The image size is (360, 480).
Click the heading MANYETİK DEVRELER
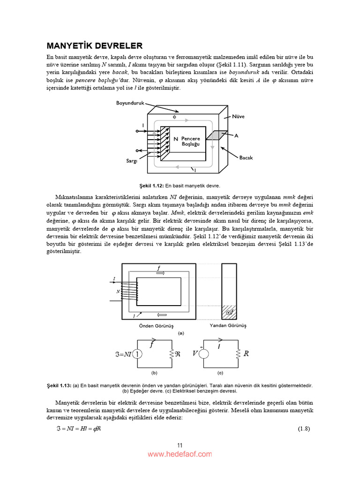(x=94, y=46)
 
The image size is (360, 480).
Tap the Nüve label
(x=238, y=116)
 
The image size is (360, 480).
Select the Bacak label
(x=246, y=157)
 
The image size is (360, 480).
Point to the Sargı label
(x=131, y=161)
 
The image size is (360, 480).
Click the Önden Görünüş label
(x=156, y=325)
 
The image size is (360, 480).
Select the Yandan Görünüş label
(x=228, y=325)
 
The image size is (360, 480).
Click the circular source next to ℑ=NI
(x=137, y=354)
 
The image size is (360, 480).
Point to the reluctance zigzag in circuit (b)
(x=172, y=354)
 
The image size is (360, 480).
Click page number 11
(x=180, y=445)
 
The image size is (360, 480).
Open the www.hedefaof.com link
(x=180, y=454)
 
